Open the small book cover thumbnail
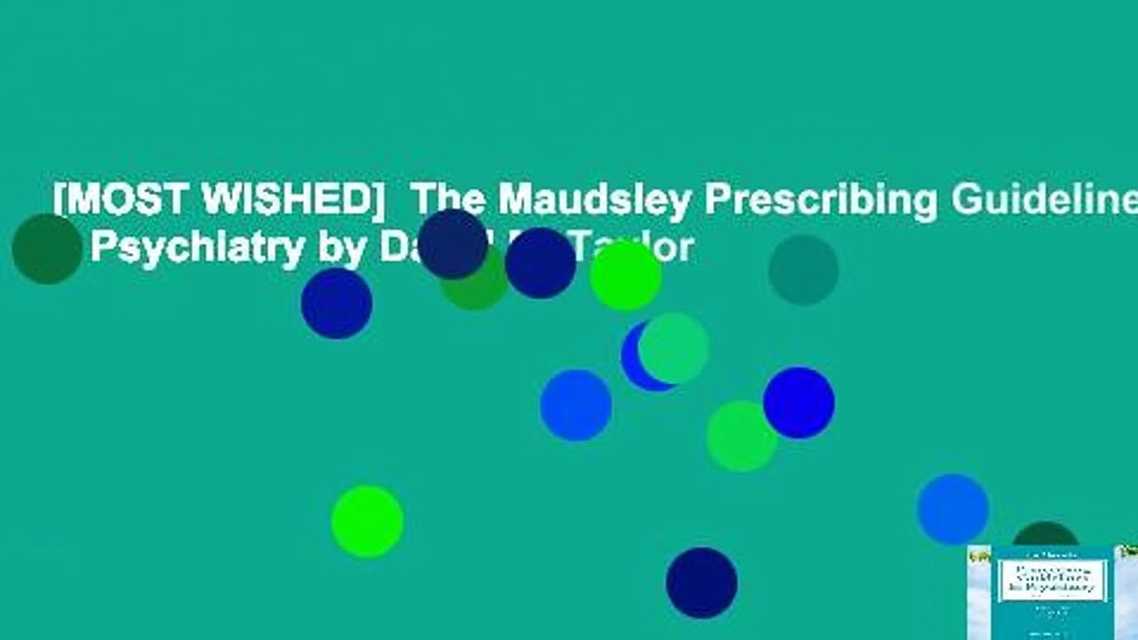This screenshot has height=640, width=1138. (x=1053, y=592)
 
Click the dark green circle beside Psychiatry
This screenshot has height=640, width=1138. (x=47, y=249)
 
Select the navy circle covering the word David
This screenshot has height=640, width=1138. (x=453, y=244)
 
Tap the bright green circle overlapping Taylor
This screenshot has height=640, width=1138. (x=626, y=276)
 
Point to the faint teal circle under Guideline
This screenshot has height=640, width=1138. (x=803, y=270)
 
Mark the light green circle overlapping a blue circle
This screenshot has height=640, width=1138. (x=675, y=348)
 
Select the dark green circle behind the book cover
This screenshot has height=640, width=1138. (x=1045, y=533)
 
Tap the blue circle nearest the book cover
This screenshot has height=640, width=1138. (x=952, y=509)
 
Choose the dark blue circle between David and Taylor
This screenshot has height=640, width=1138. (x=540, y=263)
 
